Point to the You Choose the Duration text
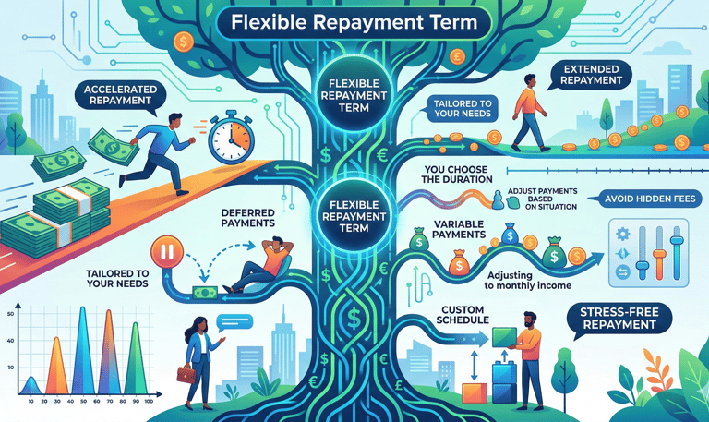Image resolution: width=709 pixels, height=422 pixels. click(469, 175)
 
